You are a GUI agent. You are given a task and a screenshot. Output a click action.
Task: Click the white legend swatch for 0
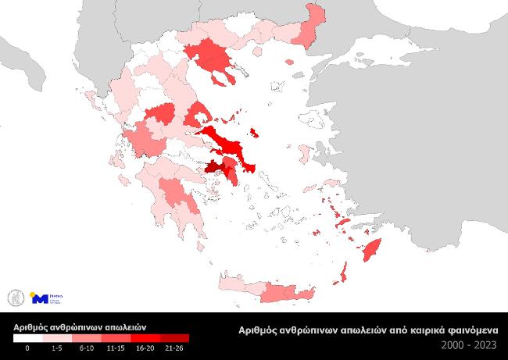click(x=27, y=338)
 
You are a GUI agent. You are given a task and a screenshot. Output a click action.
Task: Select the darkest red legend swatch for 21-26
click(x=177, y=338)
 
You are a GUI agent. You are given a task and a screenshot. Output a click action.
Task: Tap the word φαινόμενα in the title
click(x=471, y=330)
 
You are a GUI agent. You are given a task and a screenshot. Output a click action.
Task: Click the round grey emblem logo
click(x=13, y=298)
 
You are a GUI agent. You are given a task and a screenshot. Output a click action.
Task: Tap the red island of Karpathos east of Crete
click(x=342, y=273)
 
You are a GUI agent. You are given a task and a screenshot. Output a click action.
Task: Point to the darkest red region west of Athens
click(x=213, y=166)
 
